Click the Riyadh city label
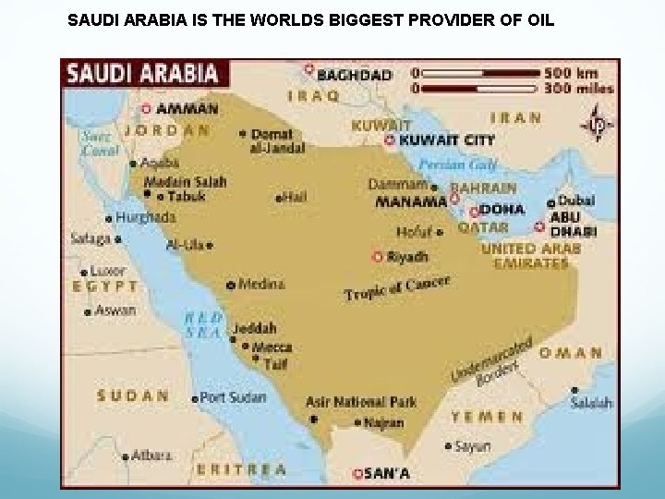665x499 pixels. point(406,256)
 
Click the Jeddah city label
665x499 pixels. point(254,328)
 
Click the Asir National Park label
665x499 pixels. point(361,402)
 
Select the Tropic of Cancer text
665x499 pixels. point(397,287)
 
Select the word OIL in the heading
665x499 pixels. point(538,18)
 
